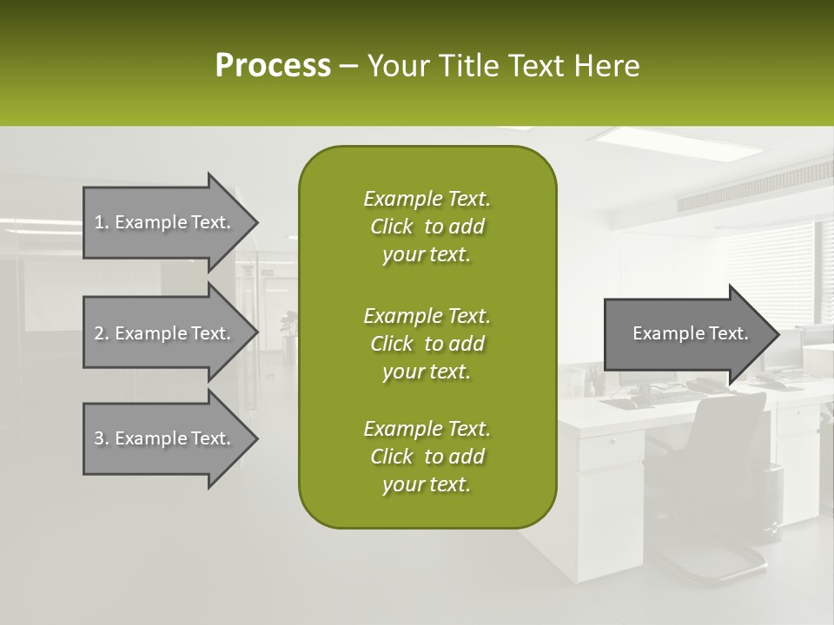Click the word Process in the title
point(273,66)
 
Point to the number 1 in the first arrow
point(99,222)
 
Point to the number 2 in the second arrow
point(99,333)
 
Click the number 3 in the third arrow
point(99,438)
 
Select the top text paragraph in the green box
point(427,227)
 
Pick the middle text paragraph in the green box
point(427,343)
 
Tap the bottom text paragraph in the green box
point(427,457)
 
